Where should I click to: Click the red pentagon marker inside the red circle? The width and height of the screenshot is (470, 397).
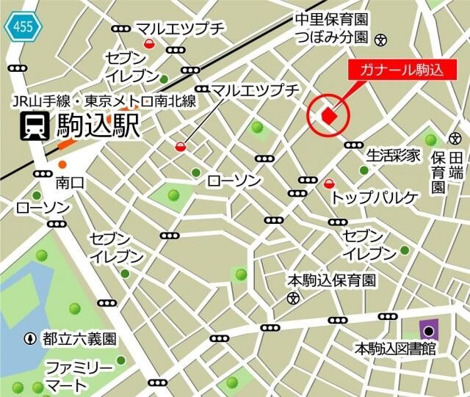(329, 116)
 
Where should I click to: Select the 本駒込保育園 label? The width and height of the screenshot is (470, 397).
(330, 280)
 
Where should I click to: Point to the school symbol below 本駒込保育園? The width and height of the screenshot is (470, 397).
(294, 298)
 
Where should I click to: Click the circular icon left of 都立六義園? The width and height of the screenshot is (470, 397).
(30, 339)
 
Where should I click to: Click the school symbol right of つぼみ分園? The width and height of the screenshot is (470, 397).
(380, 39)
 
